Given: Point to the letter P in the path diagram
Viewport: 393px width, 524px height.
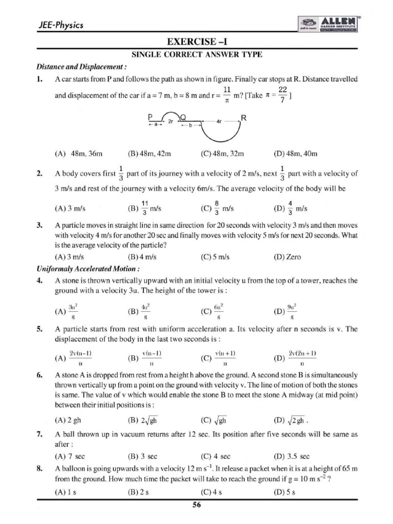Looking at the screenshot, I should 150,117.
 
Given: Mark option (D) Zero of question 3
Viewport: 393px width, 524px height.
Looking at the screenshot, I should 287,257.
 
